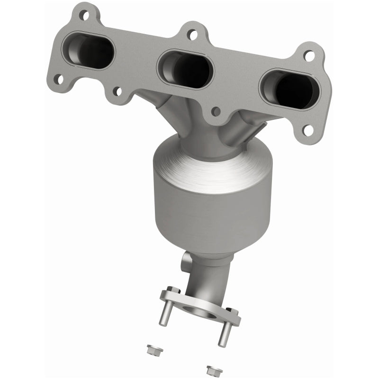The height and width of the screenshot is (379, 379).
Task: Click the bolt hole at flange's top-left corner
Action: click(x=86, y=15)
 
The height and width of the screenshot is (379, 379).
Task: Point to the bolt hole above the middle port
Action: click(x=191, y=34)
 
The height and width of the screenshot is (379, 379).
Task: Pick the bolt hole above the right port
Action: click(x=309, y=56)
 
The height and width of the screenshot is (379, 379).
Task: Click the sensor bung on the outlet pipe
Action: click(x=187, y=260)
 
